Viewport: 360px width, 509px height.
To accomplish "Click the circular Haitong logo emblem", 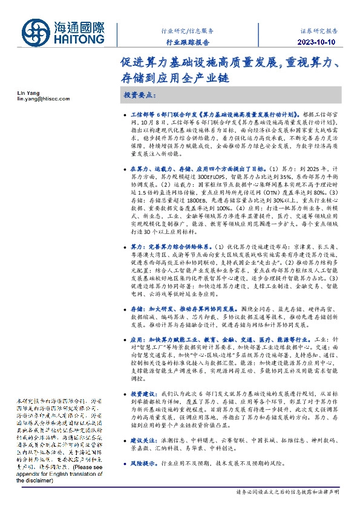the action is tap(38, 31).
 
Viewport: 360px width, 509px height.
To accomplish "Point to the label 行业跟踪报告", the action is tap(188, 43).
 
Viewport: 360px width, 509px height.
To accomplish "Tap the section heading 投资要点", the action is tap(140, 96).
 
